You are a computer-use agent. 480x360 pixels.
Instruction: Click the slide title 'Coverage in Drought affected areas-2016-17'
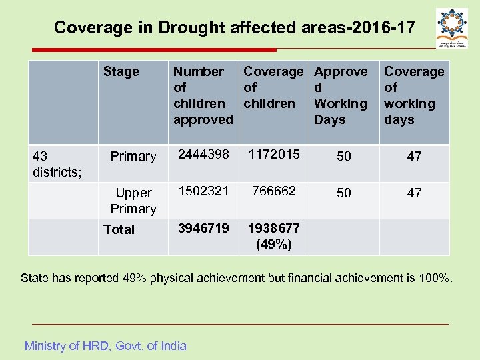(x=234, y=28)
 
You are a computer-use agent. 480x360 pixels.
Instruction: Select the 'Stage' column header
(x=121, y=71)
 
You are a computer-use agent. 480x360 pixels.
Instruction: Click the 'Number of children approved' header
(x=203, y=95)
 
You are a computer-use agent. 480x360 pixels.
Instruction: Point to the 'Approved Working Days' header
(x=340, y=95)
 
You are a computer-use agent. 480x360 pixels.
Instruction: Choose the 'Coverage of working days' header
(x=413, y=95)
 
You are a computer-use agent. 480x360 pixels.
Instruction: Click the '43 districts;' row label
(x=57, y=164)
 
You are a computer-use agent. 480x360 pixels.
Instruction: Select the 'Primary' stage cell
(x=133, y=156)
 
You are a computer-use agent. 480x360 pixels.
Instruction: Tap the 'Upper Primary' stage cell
(x=133, y=201)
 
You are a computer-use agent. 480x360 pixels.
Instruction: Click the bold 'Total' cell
(x=119, y=229)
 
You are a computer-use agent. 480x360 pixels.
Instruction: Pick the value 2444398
(x=203, y=155)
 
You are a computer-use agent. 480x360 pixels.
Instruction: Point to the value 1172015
(x=273, y=155)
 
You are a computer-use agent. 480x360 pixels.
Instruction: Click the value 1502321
(x=203, y=191)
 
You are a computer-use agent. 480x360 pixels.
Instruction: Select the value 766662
(x=273, y=191)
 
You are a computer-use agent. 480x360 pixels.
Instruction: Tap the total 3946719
(x=203, y=228)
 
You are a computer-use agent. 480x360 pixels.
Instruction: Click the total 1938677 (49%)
(x=273, y=236)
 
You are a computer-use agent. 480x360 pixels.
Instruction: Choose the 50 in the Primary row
(x=343, y=157)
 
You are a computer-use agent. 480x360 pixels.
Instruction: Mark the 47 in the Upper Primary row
(x=414, y=193)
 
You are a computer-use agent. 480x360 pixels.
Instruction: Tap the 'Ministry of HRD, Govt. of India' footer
(x=105, y=345)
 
